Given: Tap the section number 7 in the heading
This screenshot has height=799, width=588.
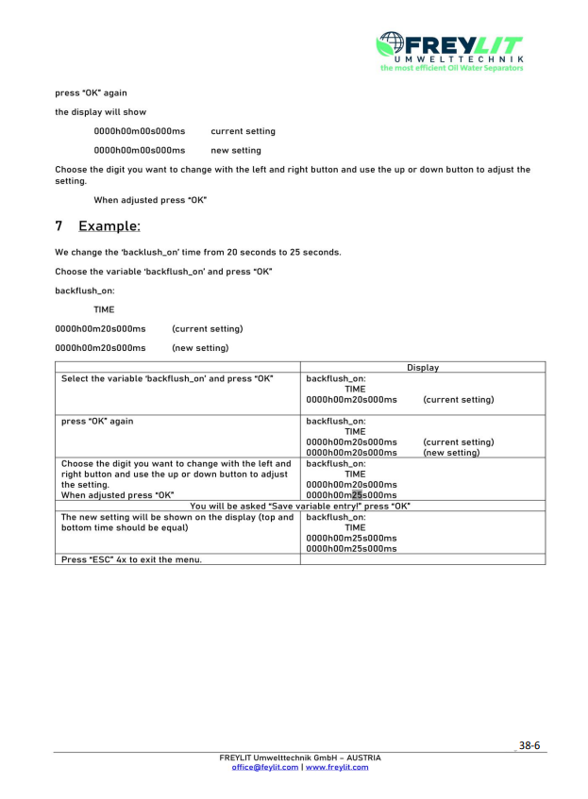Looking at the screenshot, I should (x=59, y=225).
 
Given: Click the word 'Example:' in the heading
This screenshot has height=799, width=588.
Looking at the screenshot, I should (x=109, y=225).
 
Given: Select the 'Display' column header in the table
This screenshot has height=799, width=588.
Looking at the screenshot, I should (x=422, y=367).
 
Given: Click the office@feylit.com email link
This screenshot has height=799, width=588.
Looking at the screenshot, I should (x=265, y=767).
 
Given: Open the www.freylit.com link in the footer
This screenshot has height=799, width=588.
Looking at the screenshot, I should (x=337, y=767).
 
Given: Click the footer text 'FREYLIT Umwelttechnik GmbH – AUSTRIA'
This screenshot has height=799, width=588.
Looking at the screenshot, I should (x=300, y=757).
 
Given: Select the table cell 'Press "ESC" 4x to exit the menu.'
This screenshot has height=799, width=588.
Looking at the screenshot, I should (x=132, y=558).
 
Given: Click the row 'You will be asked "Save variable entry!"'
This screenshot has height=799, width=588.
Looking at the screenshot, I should (x=300, y=506).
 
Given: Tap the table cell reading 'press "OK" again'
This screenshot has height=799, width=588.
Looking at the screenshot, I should (x=97, y=421).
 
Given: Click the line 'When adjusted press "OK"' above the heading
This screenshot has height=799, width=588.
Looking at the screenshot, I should (x=149, y=200).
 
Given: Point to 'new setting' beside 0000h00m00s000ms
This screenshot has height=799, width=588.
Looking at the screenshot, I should (x=236, y=150).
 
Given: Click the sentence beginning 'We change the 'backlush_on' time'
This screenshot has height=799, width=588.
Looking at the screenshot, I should (x=197, y=252).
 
